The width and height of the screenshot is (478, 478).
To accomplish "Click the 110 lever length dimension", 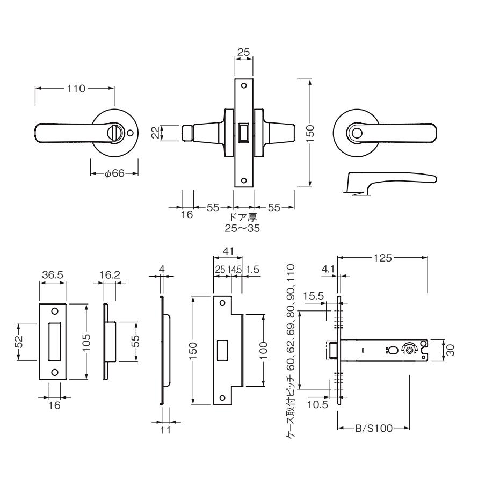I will [76, 89].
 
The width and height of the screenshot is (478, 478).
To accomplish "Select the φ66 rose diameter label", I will [114, 173].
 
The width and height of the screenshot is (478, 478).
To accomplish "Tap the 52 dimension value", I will [19, 342].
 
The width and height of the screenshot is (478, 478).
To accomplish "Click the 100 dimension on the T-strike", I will [263, 351].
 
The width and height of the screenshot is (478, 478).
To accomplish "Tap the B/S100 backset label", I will [374, 428].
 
